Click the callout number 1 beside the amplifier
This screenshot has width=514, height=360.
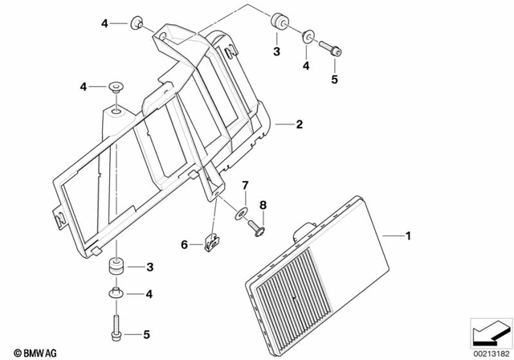(x=408, y=236)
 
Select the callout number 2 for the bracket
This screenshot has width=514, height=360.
(x=299, y=125)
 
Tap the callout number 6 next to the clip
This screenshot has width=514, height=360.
(x=184, y=244)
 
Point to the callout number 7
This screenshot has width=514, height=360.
(x=247, y=186)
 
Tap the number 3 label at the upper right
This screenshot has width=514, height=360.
(x=276, y=52)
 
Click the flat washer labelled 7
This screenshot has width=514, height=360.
(x=240, y=212)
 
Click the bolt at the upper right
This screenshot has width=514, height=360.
(x=332, y=48)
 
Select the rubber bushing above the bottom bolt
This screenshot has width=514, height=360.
(x=117, y=265)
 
